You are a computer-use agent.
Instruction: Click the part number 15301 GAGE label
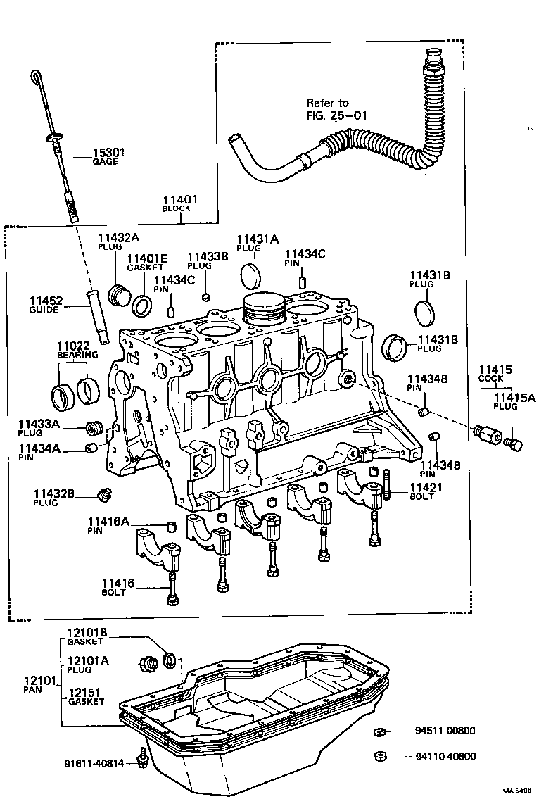105,155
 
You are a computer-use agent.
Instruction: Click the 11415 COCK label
495,373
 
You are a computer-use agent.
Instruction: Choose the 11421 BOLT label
421,491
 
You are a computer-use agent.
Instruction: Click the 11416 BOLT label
118,587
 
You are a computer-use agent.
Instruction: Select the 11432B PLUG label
53,498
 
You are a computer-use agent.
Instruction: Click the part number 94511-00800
445,731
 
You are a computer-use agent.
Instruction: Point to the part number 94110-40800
445,757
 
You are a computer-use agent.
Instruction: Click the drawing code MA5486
517,791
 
